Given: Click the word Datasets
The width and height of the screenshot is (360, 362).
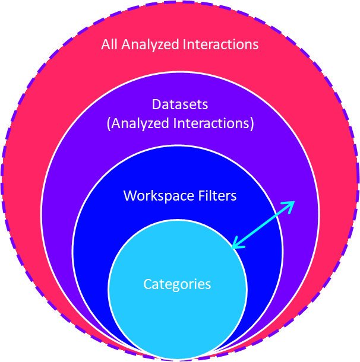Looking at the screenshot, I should [180, 104].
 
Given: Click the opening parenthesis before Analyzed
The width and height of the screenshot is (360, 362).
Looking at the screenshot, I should [108, 124].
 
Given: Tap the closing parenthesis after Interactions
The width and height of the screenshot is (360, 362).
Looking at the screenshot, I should [252, 124].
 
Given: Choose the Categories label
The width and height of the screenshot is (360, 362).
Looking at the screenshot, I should [177, 284].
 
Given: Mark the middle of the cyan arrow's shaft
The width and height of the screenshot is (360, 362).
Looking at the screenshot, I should [262, 224].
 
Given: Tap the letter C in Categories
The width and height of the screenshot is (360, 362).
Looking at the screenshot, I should [147, 284].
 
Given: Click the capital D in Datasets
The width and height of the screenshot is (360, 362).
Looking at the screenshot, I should [156, 104].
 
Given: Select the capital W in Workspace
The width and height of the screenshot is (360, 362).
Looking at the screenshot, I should [129, 196].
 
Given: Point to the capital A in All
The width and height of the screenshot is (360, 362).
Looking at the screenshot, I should [105, 45].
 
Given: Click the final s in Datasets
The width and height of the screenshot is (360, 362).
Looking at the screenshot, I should [205, 105].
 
